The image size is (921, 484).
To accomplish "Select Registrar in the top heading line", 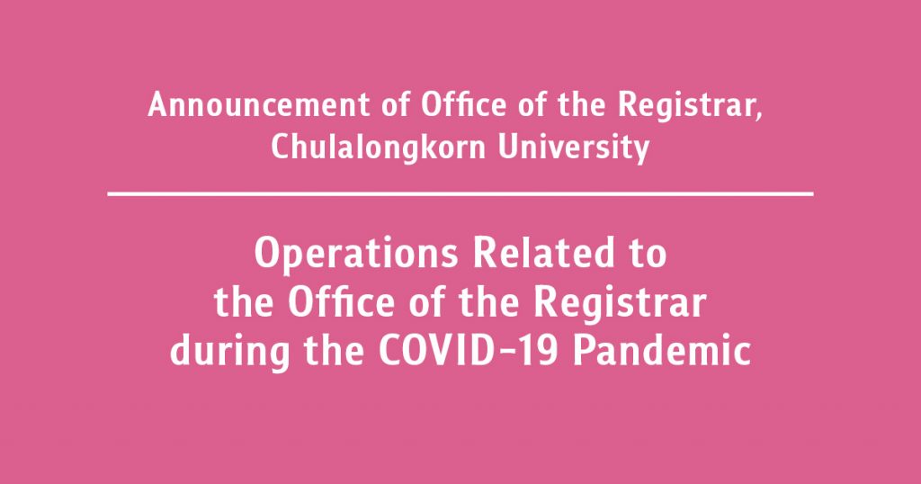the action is (x=686, y=106).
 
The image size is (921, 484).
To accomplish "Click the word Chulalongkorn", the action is (x=379, y=148).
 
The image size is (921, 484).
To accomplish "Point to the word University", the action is (x=573, y=148).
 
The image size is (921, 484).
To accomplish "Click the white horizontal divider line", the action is (x=460, y=193).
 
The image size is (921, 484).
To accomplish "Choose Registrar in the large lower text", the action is (x=620, y=305).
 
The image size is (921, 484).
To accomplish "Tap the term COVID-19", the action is (x=467, y=351).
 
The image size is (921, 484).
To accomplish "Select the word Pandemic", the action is (x=662, y=351).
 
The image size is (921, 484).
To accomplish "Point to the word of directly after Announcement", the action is (x=396, y=104).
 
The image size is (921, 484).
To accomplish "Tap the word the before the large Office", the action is (x=244, y=302).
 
